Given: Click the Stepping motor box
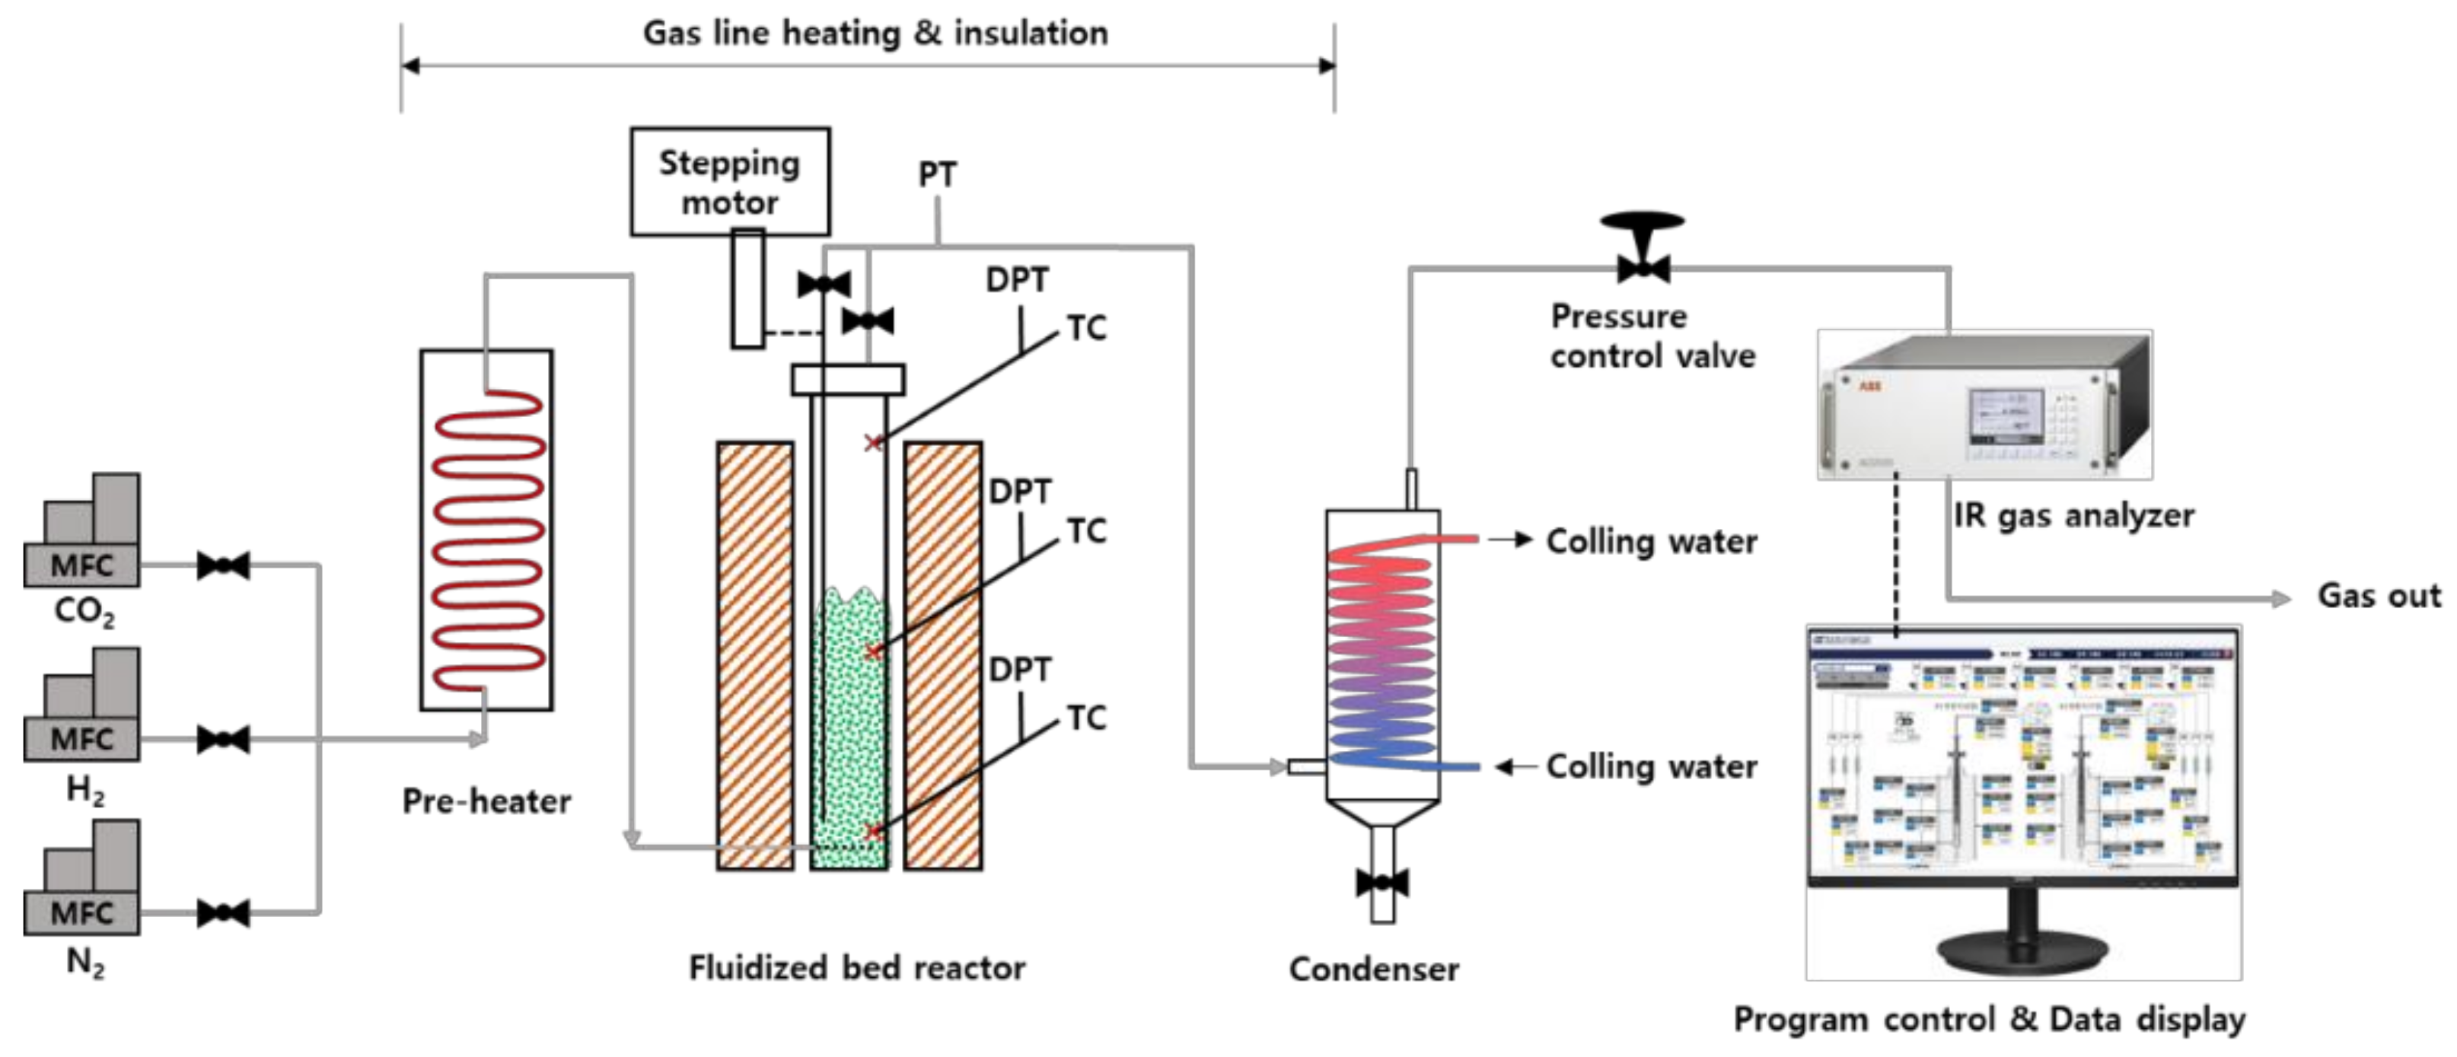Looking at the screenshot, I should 730,181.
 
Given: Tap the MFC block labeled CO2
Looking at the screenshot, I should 81,564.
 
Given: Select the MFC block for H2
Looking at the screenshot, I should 81,737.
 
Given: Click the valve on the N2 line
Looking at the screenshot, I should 223,913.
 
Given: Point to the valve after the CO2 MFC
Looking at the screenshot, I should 223,565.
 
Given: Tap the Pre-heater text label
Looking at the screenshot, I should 486,801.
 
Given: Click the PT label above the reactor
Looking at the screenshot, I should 937,174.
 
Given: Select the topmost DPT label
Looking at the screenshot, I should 1017,279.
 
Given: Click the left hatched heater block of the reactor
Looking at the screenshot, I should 755,654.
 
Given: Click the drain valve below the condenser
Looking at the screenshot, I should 1382,883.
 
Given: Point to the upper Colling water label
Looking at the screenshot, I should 1651,541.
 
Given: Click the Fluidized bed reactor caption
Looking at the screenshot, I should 856,967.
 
